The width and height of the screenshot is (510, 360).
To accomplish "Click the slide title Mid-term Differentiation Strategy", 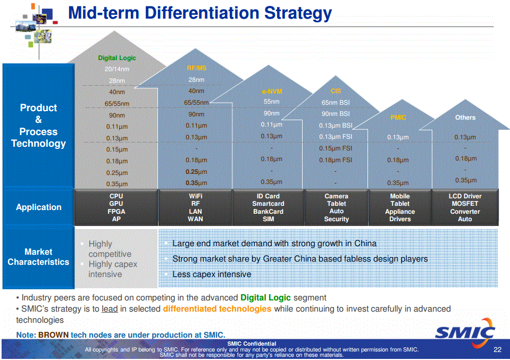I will tap(200, 13).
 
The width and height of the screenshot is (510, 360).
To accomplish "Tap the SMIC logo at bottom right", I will tap(465, 333).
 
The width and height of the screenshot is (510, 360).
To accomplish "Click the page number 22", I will tap(497, 349).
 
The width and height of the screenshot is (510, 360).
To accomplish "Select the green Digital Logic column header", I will tap(116, 58).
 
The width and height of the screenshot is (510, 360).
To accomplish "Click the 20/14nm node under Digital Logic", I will tap(116, 69).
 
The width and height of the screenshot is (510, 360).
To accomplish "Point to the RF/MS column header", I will tap(196, 68).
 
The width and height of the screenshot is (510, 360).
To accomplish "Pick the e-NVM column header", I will tap(271, 91).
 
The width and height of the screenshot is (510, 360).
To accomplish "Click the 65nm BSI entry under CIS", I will tap(336, 102).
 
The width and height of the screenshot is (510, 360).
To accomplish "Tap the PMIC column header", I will tap(398, 118).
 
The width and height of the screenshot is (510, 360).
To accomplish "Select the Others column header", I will tap(465, 118).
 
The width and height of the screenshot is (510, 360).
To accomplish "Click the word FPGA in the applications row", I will tap(116, 212).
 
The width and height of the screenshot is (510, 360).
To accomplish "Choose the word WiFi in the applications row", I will tap(196, 196).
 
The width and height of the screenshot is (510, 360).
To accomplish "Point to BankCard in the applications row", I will tap(268, 212).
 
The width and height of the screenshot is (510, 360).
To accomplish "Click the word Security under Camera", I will tap(336, 219).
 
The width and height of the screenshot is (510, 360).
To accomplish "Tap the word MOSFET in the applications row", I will tap(465, 204).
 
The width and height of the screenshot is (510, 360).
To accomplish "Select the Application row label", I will tap(38, 207).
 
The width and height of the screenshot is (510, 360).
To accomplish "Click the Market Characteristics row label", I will tap(38, 257).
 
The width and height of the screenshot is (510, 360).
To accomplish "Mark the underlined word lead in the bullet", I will tap(110, 309).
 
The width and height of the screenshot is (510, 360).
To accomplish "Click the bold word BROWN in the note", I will tap(53, 335).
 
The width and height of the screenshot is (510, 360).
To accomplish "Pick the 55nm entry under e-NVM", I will tap(271, 102).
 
